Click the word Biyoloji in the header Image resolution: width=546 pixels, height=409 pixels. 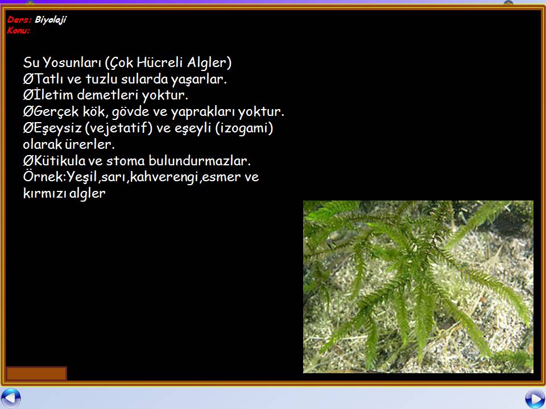[x=51, y=20]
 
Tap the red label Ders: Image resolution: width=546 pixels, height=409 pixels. [x=19, y=19]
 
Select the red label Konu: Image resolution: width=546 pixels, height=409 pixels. [x=18, y=30]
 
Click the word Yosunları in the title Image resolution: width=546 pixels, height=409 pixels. [x=72, y=62]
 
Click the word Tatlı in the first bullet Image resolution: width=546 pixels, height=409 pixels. [x=48, y=79]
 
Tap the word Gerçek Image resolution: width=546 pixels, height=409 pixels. [x=56, y=112]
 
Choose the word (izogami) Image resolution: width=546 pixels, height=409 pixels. [x=244, y=128]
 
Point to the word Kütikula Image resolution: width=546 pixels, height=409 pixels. [x=59, y=161]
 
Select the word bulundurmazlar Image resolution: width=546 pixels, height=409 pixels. [x=200, y=161]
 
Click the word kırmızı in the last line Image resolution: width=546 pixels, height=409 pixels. [x=44, y=193]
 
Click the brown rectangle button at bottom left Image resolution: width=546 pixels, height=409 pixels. [x=36, y=374]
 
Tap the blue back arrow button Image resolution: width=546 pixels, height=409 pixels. [x=10, y=399]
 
